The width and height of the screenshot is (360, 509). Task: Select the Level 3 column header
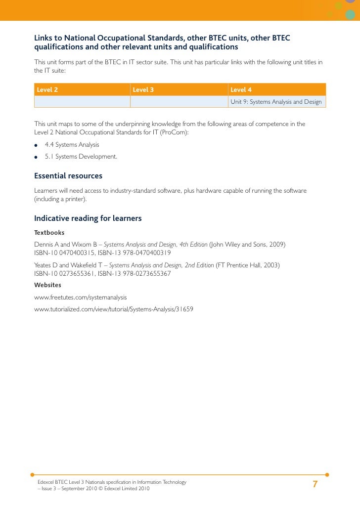[144, 90]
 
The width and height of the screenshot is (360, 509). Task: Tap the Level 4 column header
[241, 90]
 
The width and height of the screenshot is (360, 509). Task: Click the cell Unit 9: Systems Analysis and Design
[276, 102]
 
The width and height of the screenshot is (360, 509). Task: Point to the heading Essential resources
[68, 176]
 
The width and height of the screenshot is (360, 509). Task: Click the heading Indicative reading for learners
[88, 218]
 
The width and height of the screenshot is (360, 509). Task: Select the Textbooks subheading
[49, 232]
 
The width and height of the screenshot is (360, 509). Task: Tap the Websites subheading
[47, 285]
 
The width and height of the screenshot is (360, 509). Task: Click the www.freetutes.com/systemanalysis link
[81, 297]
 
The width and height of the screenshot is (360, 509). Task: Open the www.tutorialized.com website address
[114, 309]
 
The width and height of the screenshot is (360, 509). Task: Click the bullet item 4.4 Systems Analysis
[72, 145]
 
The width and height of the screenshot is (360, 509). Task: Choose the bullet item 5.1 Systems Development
[81, 157]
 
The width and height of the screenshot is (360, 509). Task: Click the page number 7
[315, 484]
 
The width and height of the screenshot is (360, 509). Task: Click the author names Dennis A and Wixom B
[66, 245]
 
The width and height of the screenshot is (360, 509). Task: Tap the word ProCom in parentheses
[176, 132]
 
